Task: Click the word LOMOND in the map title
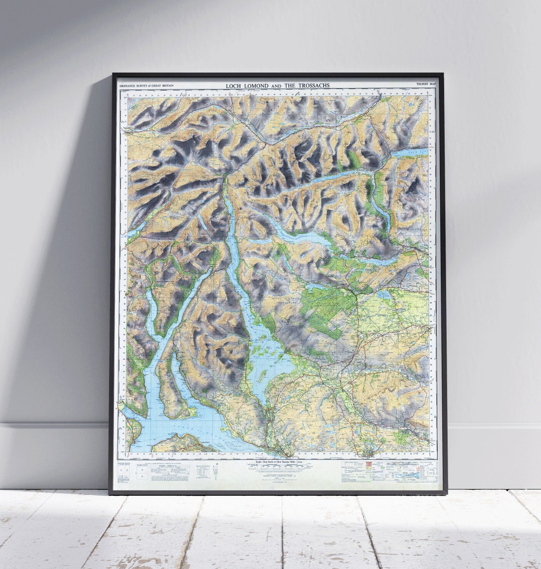pyautogui.click(x=255, y=86)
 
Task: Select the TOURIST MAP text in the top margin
pyautogui.click(x=426, y=84)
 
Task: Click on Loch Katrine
pyautogui.click(x=301, y=236)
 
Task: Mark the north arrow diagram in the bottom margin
pyautogui.click(x=215, y=471)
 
